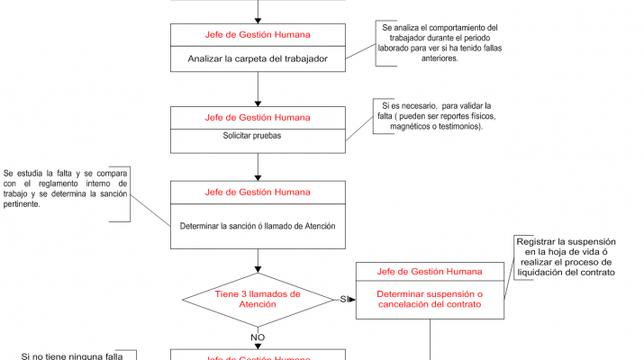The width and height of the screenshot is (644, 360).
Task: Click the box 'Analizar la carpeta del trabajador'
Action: click(258, 60)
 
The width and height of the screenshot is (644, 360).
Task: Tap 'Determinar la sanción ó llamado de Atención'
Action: click(258, 226)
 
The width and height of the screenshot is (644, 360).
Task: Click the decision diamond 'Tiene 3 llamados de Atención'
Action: click(258, 299)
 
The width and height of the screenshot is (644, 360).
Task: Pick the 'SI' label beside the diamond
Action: click(344, 299)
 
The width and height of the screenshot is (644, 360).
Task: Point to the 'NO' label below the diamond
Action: click(258, 337)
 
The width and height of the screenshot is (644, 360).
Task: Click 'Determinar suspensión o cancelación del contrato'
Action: click(429, 299)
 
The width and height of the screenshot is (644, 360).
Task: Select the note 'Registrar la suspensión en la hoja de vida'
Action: click(565, 256)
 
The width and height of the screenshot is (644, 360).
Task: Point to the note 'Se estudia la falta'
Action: click(65, 188)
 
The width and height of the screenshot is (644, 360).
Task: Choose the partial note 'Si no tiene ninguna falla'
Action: click(72, 356)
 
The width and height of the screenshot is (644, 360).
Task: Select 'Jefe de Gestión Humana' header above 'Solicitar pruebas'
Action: click(258, 118)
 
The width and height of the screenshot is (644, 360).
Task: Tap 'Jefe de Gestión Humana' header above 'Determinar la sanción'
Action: click(258, 192)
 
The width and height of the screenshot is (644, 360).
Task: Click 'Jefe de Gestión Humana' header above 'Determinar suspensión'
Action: click(429, 271)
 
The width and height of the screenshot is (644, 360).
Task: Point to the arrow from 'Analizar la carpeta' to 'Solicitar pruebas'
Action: click(258, 90)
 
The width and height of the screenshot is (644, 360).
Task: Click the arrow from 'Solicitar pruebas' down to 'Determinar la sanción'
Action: click(258, 166)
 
